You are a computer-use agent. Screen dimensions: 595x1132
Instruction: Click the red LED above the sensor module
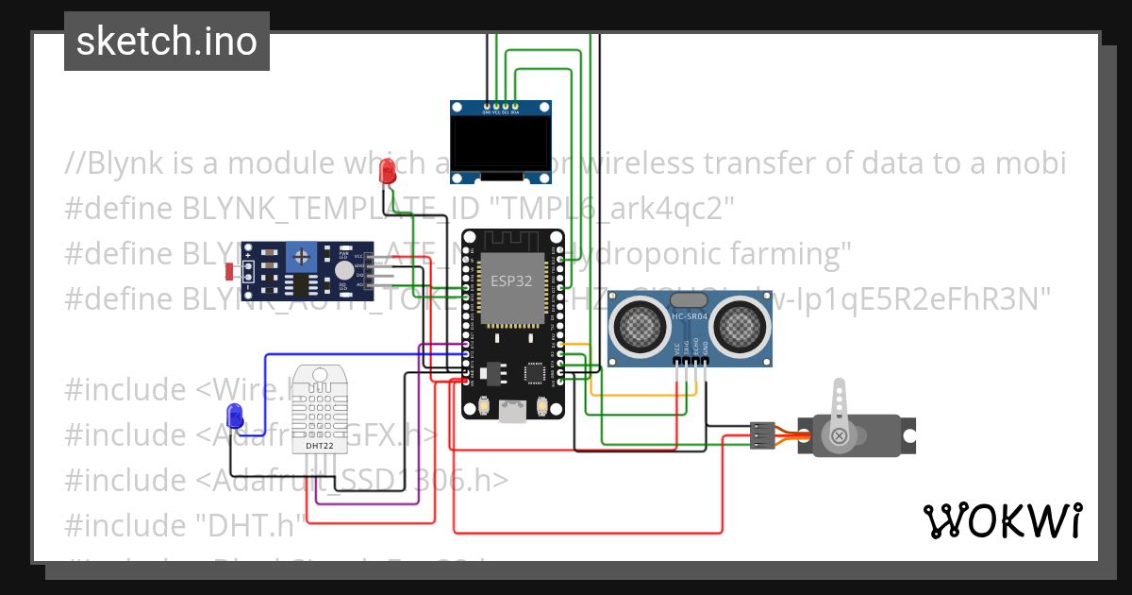point(387,172)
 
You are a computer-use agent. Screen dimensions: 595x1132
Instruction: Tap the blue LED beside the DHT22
point(235,414)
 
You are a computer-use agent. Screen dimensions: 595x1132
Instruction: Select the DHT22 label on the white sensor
point(320,445)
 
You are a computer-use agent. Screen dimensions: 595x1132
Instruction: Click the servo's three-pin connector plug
point(762,434)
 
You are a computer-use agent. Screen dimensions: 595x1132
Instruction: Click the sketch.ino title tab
point(167,42)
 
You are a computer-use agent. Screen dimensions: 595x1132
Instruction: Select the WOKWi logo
point(1002,520)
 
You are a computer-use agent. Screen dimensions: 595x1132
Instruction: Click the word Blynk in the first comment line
point(125,163)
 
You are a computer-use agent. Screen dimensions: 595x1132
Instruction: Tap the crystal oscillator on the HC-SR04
point(691,300)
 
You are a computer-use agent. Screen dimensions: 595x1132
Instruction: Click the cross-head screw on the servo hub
point(838,435)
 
